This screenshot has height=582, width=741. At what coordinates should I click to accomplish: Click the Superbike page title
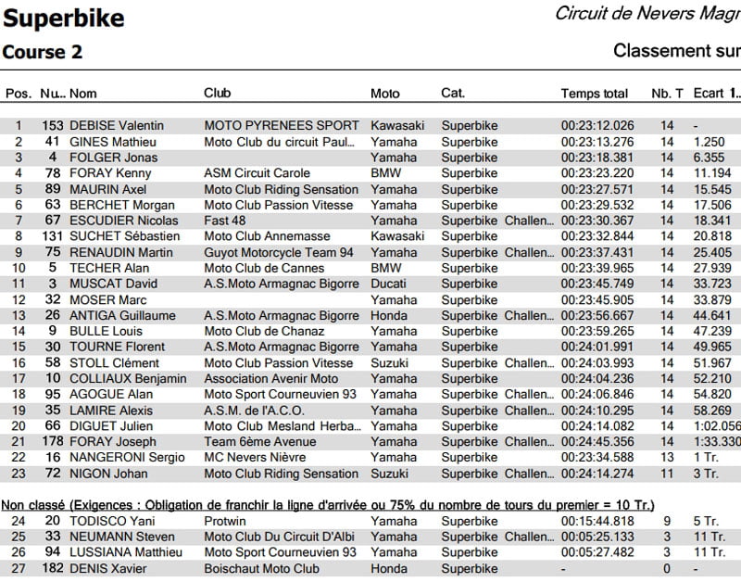[x=64, y=18]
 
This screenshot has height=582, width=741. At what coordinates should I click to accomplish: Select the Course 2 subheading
[x=43, y=52]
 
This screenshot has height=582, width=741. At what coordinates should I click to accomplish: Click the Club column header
[x=217, y=94]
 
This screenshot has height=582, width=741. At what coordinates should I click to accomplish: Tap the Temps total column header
[x=594, y=94]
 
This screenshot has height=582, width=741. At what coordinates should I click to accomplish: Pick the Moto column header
[x=384, y=94]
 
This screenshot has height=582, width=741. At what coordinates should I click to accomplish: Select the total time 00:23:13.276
[x=597, y=141]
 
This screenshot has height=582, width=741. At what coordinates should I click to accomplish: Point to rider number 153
[x=52, y=125]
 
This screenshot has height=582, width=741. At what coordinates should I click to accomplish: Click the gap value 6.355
[x=708, y=157]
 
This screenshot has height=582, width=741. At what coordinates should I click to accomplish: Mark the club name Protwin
[x=224, y=521]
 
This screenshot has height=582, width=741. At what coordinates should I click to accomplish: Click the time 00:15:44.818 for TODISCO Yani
[x=597, y=521]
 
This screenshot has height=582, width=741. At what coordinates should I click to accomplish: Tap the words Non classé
[x=34, y=504]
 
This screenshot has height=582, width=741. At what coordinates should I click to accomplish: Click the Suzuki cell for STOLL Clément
[x=388, y=362]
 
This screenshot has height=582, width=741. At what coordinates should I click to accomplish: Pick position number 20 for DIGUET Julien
[x=19, y=425]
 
